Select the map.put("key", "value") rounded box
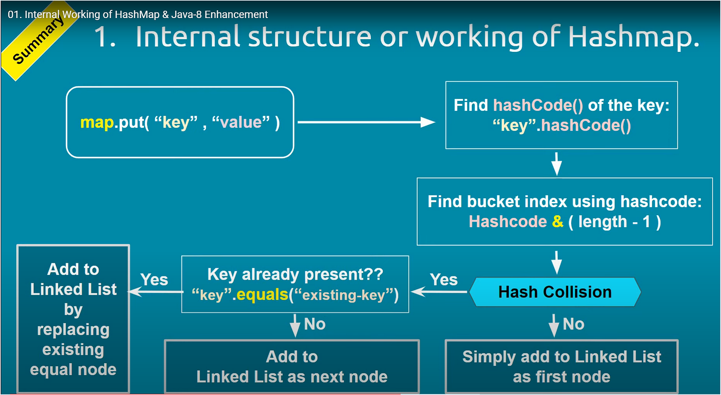tap(180, 122)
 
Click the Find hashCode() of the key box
tap(561, 115)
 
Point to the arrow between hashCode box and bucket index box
tap(556, 163)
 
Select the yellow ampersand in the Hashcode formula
tap(557, 222)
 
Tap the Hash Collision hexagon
tap(555, 292)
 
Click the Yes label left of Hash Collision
tap(443, 280)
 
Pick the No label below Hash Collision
tap(573, 324)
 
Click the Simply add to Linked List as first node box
tap(561, 366)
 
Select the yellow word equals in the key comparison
tap(263, 295)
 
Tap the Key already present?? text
tap(295, 274)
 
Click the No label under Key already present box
tap(314, 324)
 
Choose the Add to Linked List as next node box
tap(291, 366)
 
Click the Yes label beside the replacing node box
tap(154, 280)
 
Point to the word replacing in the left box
tap(73, 330)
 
